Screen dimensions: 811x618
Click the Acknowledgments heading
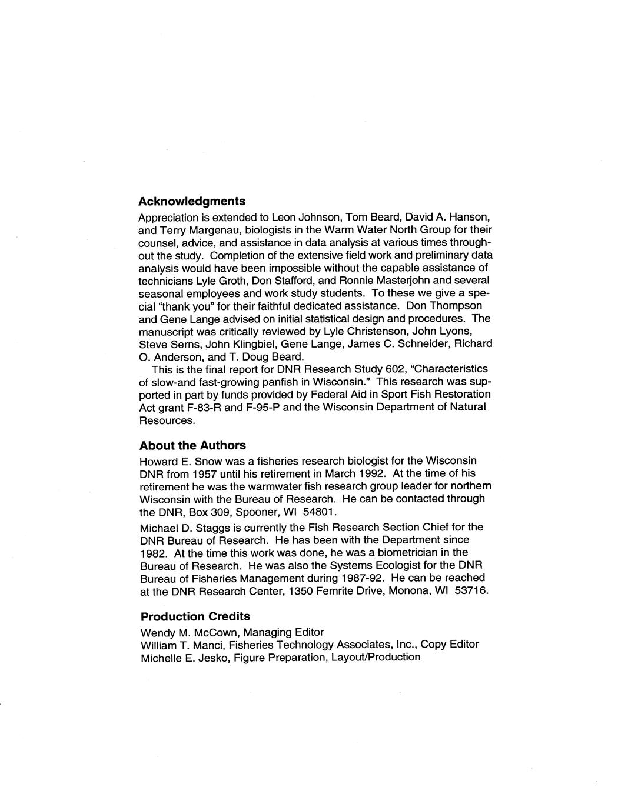[x=192, y=201]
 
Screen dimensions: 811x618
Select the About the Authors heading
[x=192, y=445]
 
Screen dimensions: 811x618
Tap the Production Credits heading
[x=195, y=616]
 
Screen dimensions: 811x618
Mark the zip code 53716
[x=471, y=590]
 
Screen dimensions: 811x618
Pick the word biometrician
[x=387, y=553]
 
